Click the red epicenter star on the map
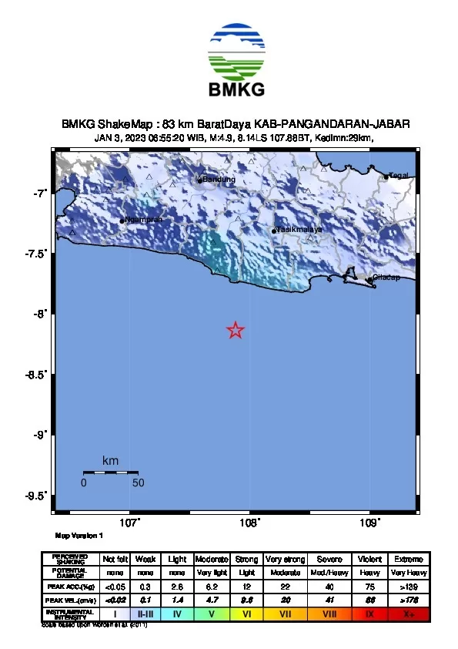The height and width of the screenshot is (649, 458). tap(236, 331)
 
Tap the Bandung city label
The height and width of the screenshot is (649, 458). tap(219, 180)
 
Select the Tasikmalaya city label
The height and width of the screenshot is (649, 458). tap(299, 230)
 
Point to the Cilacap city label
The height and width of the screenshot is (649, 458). tap(386, 278)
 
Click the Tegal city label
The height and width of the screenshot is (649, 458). tap(398, 176)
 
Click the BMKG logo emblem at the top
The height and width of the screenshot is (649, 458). tap(236, 50)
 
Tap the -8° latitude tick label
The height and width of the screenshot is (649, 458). tap(41, 314)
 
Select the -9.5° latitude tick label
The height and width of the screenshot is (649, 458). tap(37, 496)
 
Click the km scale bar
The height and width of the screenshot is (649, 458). tap(111, 472)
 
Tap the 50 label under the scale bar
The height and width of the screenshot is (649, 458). tap(139, 483)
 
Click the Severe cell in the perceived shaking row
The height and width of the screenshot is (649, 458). tap(329, 559)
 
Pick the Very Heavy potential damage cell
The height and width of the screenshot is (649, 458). tap(406, 573)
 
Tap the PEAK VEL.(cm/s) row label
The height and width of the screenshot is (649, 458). tap(70, 600)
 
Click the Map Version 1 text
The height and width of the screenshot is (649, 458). tap(79, 535)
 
